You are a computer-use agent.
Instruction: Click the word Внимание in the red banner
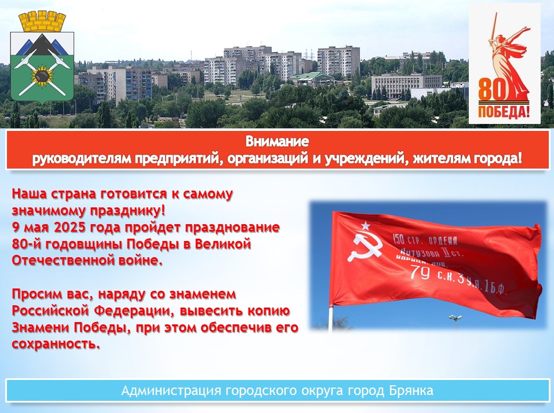point(277,142)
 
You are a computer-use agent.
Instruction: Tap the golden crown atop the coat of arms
point(42,21)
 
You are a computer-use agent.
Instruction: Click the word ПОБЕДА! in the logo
point(504,112)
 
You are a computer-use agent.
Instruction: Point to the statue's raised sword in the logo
point(494,28)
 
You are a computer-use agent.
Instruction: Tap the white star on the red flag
point(365,225)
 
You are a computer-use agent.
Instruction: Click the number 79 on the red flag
point(420,272)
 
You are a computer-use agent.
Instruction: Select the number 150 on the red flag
point(399,239)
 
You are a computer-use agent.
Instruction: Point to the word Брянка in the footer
point(411,390)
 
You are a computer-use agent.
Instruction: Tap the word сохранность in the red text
point(53,343)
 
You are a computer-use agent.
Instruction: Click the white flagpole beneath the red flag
point(331,317)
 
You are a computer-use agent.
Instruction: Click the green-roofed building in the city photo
point(311,78)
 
